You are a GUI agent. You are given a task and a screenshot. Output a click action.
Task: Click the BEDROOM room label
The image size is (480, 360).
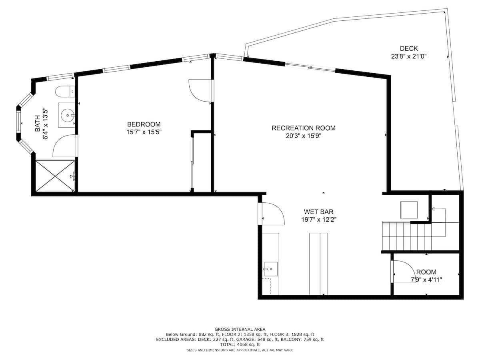pos(144,124)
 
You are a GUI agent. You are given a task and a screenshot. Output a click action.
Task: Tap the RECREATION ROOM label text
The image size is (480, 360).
pos(303,128)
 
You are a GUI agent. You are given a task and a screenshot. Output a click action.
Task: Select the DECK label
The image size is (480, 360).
pos(408,48)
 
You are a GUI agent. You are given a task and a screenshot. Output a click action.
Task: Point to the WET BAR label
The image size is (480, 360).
pos(318,212)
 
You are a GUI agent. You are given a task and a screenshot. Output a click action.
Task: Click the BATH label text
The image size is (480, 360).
pos(38,124)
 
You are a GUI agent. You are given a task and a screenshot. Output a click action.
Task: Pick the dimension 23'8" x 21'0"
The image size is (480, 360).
pos(408,56)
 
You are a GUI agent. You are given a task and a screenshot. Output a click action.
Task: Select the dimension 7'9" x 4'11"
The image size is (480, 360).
pos(426,280)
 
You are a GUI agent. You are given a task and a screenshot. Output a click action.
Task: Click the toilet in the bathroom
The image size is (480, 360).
pos(65,92)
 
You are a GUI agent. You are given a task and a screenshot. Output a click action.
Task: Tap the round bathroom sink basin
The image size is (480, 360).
pos(68,115)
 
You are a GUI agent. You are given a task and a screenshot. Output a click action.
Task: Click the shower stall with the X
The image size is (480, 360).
pos(55,176)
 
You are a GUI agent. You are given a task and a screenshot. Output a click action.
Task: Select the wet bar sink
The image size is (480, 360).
pos(271,269)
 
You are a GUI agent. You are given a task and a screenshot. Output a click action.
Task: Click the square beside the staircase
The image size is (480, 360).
pos(409,210)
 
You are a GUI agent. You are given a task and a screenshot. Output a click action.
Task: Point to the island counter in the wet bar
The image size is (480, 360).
pos(318,264)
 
